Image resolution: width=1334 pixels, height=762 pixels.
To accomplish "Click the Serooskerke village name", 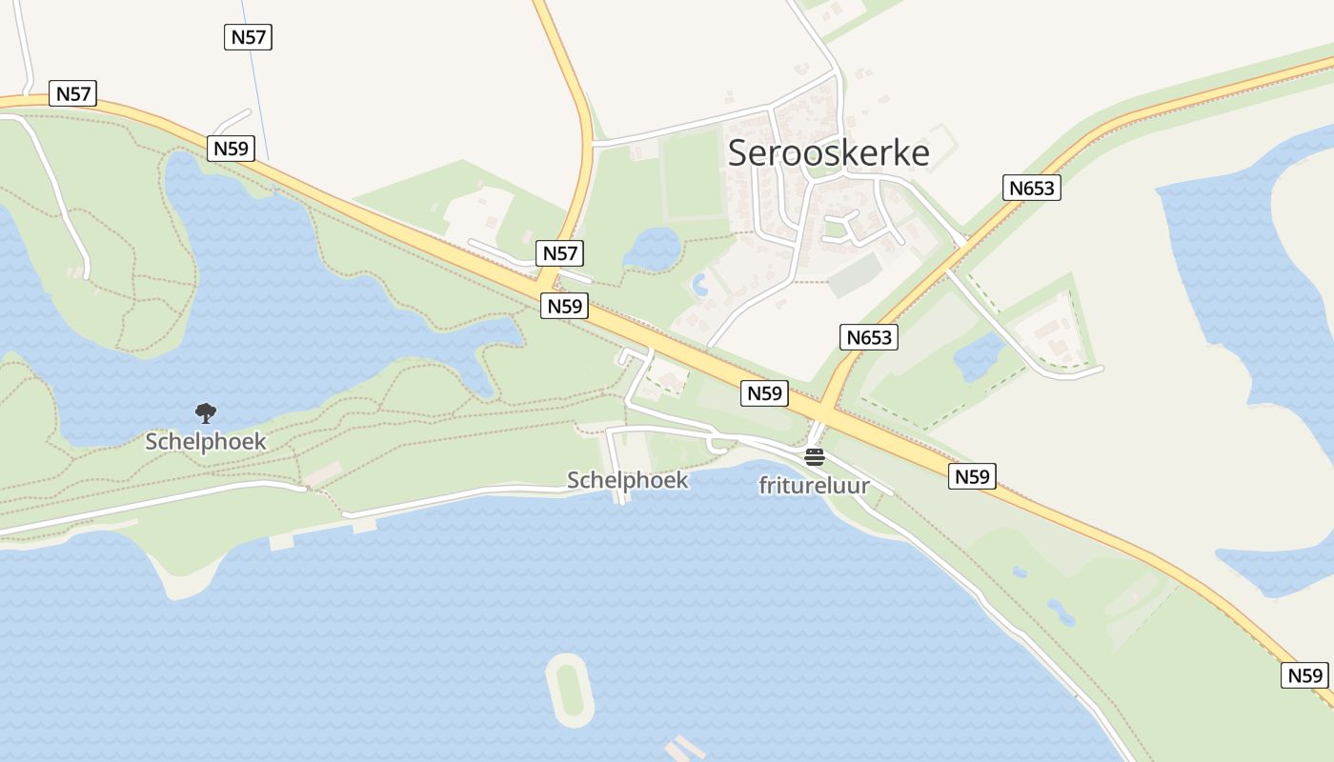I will [x=828, y=152].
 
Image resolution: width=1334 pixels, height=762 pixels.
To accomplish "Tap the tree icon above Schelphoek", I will [x=205, y=412].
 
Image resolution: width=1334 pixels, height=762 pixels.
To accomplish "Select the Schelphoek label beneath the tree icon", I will [x=206, y=442].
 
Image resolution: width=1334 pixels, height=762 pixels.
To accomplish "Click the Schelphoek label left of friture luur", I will [x=627, y=480].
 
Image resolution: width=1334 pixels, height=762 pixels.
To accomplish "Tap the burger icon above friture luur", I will [x=814, y=457].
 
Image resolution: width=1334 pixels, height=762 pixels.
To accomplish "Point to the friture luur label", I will [x=814, y=486].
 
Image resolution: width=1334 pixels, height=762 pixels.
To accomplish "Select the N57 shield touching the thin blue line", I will [x=249, y=37].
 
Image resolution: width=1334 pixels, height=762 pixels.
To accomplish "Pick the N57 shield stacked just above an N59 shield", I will [x=559, y=253].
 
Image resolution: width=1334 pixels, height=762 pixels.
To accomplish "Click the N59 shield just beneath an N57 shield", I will [x=564, y=306].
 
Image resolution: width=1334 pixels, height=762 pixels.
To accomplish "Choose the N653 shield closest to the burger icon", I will [x=869, y=336].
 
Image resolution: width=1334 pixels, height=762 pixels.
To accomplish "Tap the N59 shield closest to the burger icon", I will [x=764, y=393].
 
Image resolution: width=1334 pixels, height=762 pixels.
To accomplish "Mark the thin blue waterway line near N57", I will [x=257, y=105].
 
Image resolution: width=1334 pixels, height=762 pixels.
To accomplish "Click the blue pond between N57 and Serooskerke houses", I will [x=653, y=249].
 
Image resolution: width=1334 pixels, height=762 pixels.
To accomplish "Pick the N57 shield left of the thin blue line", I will [x=73, y=93].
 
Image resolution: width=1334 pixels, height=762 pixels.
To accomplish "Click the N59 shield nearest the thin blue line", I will [x=231, y=149].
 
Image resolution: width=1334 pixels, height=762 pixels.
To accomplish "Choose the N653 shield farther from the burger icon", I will [x=1032, y=188].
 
